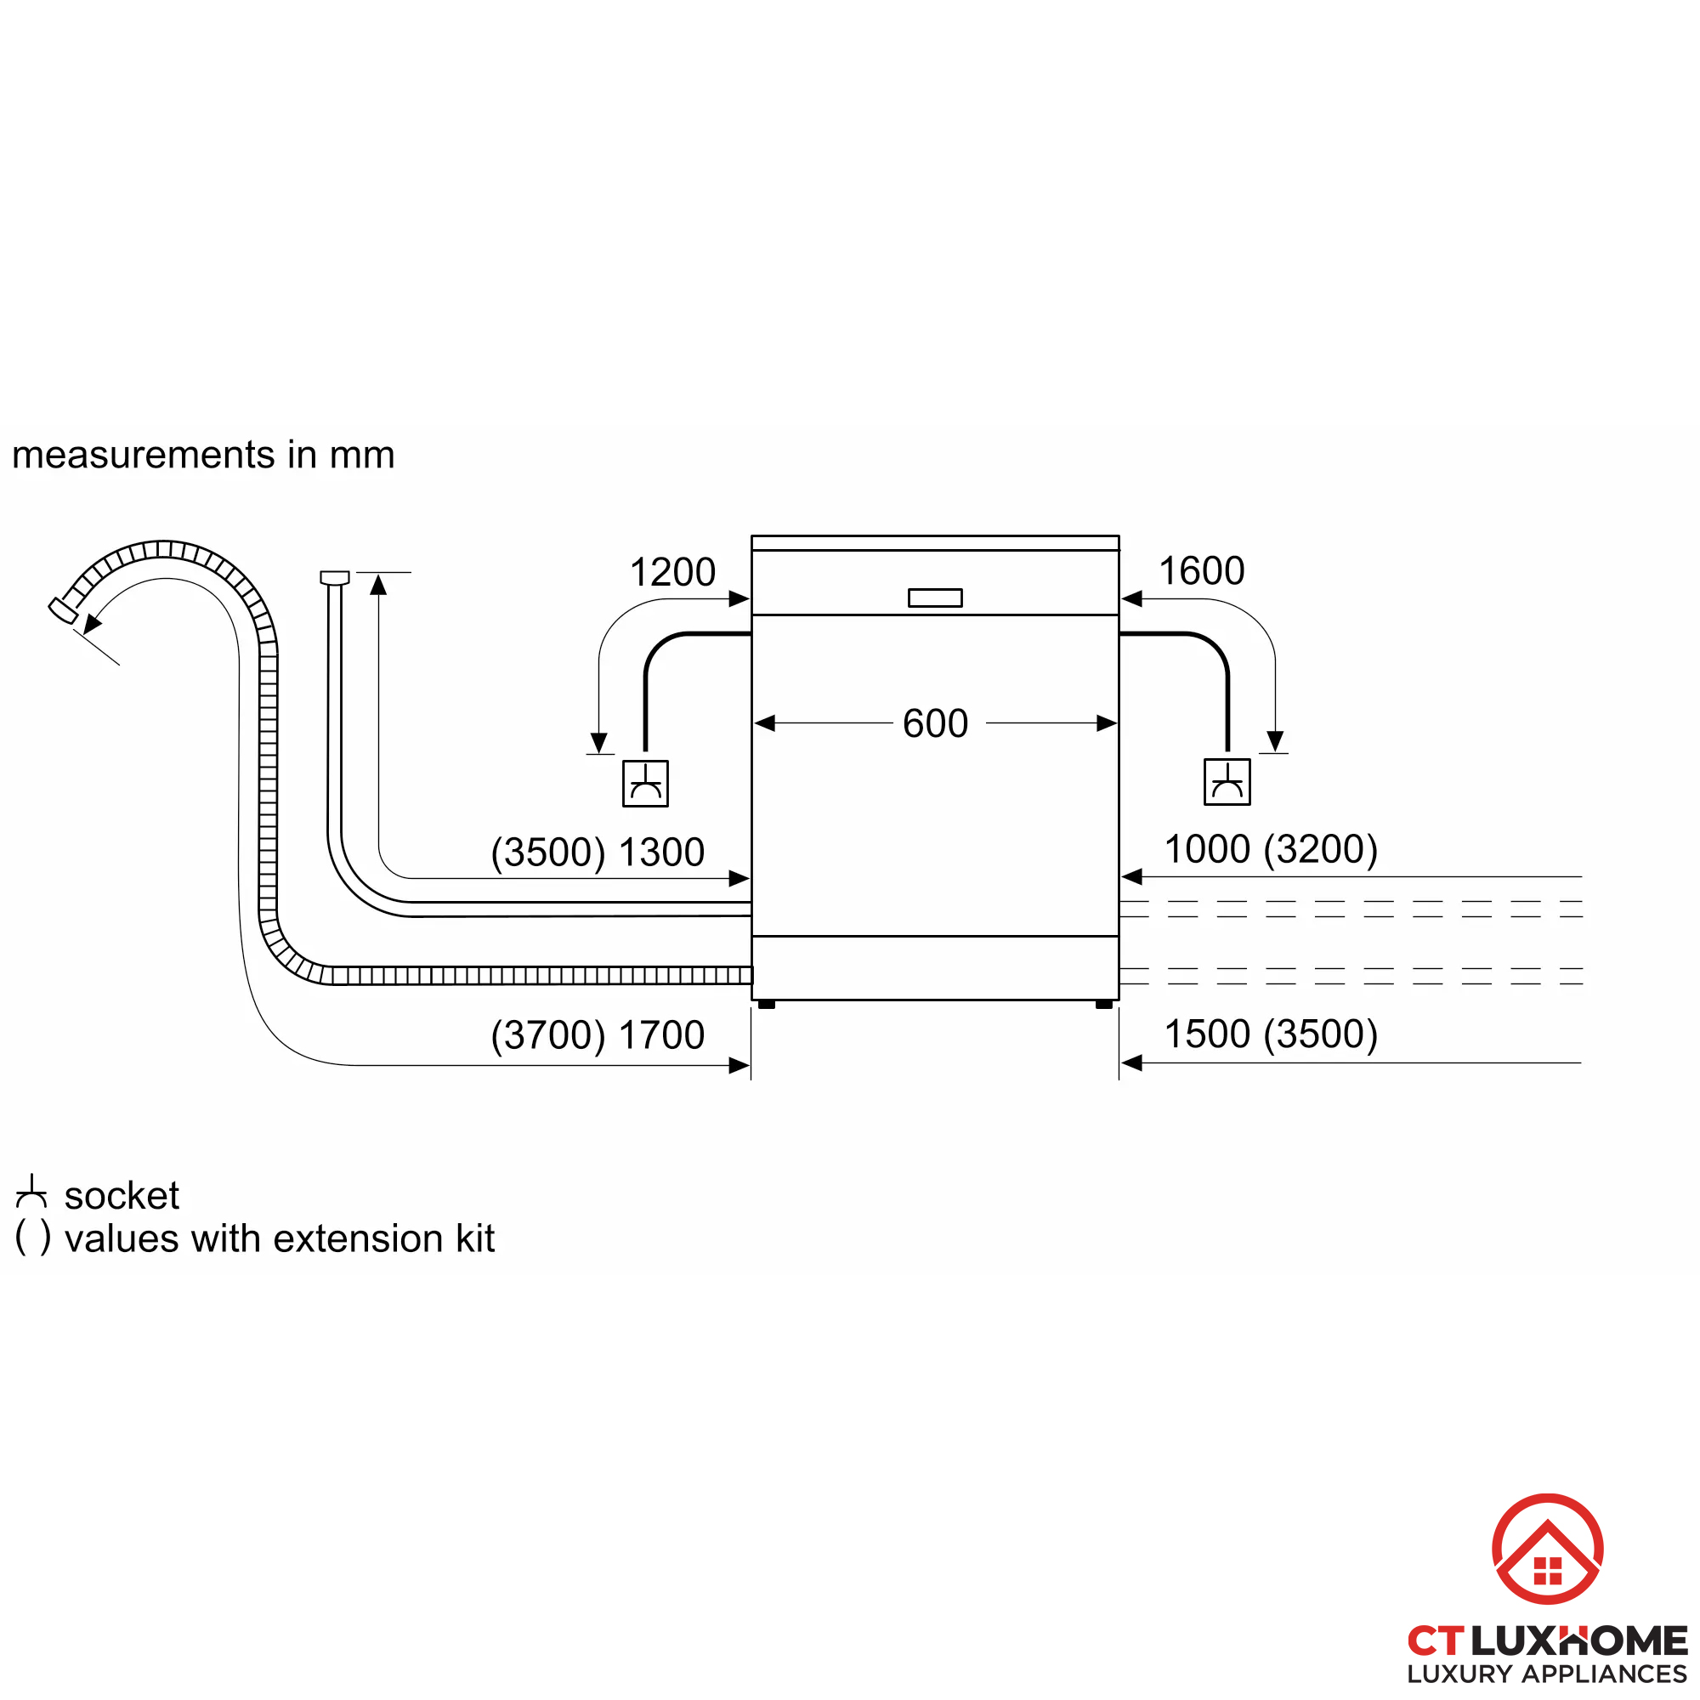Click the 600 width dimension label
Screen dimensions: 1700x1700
click(934, 723)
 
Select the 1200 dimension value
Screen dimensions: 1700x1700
click(672, 572)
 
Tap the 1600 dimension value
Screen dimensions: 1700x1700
click(1201, 571)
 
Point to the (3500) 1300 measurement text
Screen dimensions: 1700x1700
click(598, 852)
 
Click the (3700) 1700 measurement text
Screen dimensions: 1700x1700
click(598, 1034)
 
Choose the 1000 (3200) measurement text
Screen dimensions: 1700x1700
click(1271, 849)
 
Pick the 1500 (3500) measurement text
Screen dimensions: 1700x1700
click(1271, 1034)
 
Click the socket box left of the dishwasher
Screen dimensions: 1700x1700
click(645, 783)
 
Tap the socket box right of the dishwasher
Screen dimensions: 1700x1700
click(1227, 781)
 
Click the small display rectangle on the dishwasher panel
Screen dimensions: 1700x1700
click(934, 598)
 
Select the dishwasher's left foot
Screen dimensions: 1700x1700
click(767, 1004)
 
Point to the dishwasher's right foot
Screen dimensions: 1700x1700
click(1103, 1004)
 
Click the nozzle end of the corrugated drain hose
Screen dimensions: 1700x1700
click(62, 609)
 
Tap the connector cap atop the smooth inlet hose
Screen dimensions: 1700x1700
click(334, 577)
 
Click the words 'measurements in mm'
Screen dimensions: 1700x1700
click(203, 455)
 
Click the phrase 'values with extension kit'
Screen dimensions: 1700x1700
click(279, 1239)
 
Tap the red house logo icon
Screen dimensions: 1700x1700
click(1547, 1548)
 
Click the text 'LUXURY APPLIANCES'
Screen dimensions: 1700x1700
click(1546, 1674)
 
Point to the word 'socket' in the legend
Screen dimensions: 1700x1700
click(122, 1196)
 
